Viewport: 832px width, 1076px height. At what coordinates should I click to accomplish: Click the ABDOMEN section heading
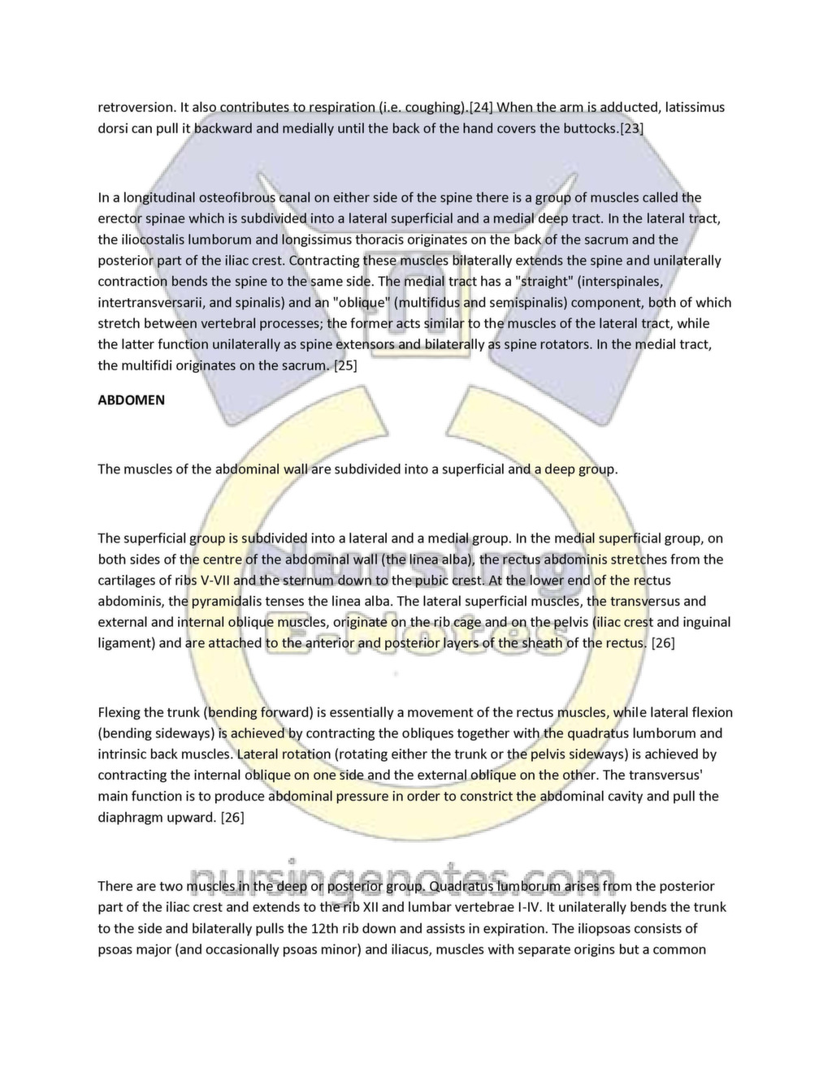131,400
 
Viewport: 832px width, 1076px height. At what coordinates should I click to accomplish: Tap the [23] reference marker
631,128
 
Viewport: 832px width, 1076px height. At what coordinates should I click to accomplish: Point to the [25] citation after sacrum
345,365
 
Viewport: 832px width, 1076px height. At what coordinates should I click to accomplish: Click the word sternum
307,581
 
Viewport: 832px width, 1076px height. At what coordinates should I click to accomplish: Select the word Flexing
119,713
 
